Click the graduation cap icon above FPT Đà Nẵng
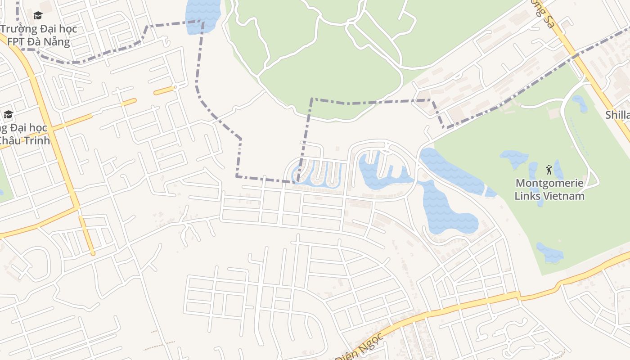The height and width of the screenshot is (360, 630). pos(38,16)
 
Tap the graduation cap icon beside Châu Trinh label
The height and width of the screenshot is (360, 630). pos(8,114)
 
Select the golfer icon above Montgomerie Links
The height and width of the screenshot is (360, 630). pos(549,170)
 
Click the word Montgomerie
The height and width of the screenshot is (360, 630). pos(549,183)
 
